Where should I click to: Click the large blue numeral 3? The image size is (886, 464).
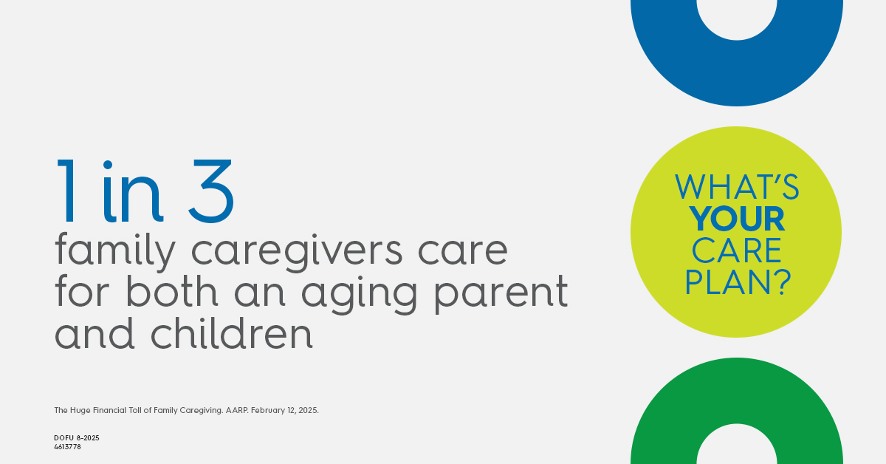(211, 191)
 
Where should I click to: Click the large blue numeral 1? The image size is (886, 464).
(66, 191)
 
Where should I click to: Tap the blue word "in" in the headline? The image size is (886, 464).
(132, 191)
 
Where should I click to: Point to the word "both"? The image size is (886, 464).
(171, 291)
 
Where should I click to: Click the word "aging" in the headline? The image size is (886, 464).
(359, 295)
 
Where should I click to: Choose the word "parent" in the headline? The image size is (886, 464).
(501, 294)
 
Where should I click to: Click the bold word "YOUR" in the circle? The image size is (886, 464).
(737, 219)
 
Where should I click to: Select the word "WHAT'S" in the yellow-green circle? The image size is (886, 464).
(737, 186)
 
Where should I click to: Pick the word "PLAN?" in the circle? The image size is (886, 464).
(738, 282)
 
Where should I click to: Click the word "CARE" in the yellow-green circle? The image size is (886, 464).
(737, 250)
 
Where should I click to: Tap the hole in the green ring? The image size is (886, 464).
(737, 446)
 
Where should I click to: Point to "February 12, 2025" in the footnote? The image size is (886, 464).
(284, 411)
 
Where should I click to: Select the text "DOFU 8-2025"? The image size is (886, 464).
(77, 438)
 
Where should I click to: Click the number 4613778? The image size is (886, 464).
(67, 446)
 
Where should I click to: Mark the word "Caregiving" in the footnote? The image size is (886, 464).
(201, 411)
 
